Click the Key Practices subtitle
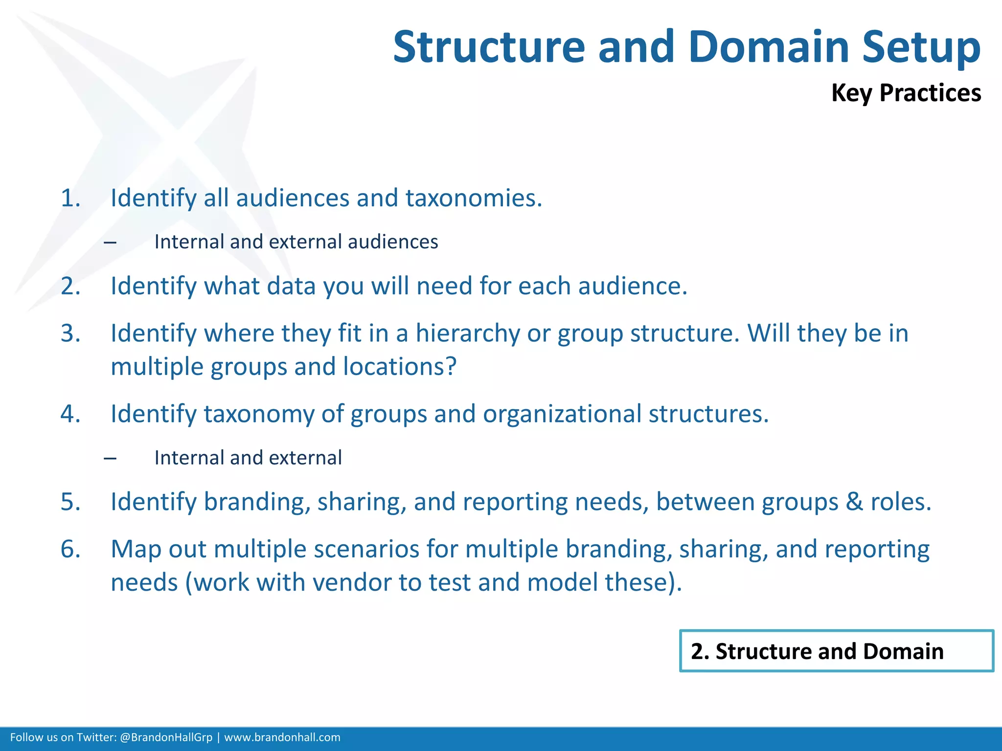pos(906,93)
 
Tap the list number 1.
pos(70,199)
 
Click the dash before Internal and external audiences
pos(111,243)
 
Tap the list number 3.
pos(70,333)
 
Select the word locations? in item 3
pos(400,367)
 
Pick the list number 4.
pos(70,414)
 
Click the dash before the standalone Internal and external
pos(111,459)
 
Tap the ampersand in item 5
pos(854,502)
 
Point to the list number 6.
pos(70,549)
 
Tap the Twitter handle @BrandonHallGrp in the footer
pos(166,737)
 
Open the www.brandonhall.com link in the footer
pos(282,737)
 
